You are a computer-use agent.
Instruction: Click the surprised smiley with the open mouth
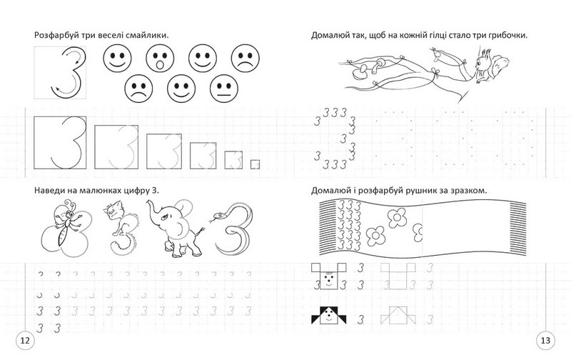pyautogui.click(x=160, y=59)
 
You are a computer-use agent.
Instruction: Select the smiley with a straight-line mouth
pyautogui.click(x=224, y=89)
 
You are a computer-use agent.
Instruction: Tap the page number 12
pyautogui.click(x=25, y=341)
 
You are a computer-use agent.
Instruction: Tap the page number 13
pyautogui.click(x=545, y=341)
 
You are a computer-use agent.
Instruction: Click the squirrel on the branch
pyautogui.click(x=491, y=66)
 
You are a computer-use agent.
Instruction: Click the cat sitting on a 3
pyautogui.click(x=122, y=229)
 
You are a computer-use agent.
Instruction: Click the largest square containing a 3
pyautogui.click(x=60, y=142)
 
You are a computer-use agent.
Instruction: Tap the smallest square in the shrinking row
pyautogui.click(x=255, y=164)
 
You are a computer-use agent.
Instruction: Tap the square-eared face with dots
pyautogui.click(x=329, y=276)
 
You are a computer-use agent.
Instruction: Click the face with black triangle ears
pyautogui.click(x=329, y=316)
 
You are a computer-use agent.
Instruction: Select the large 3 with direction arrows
pyautogui.click(x=69, y=73)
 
